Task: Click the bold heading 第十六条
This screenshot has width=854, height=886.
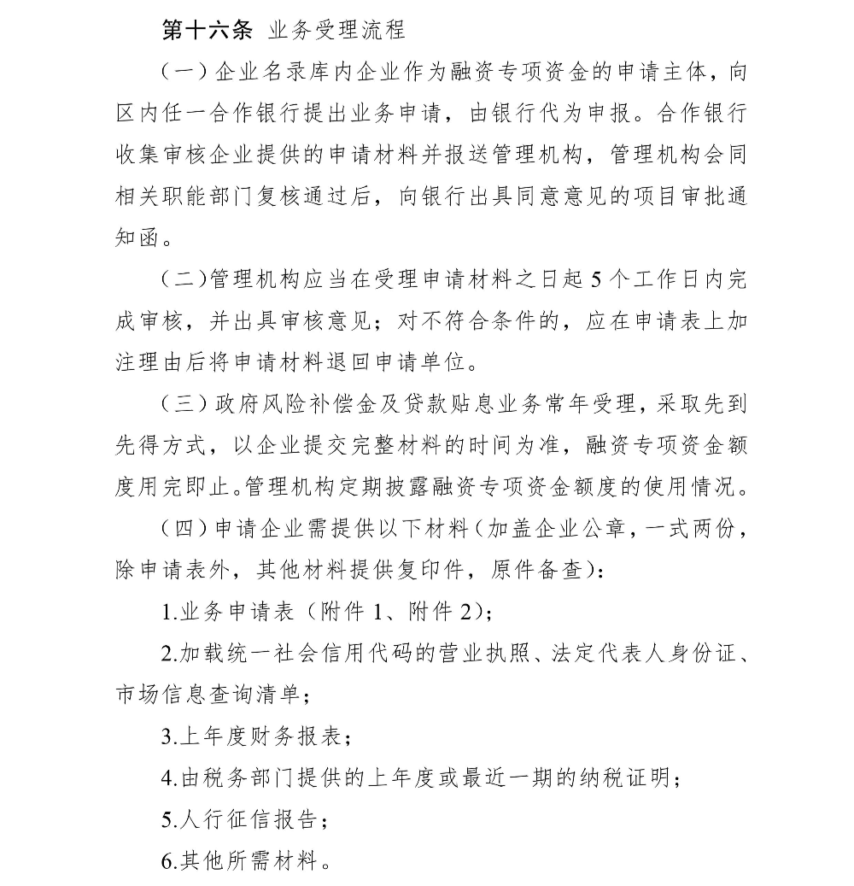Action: point(208,32)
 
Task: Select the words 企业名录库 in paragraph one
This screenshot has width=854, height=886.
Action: point(268,73)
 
